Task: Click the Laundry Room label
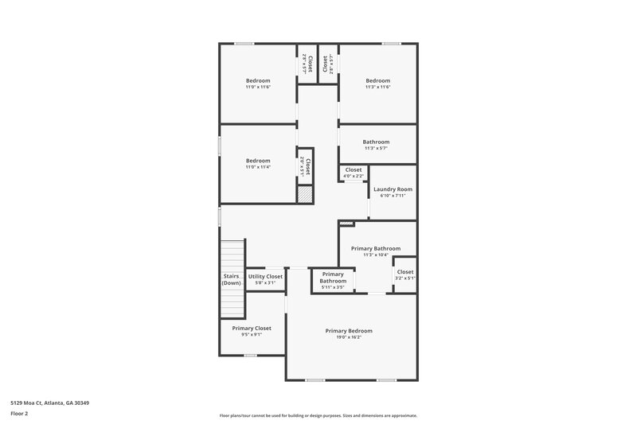point(393,189)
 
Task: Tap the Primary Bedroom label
point(349,331)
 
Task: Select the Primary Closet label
point(252,329)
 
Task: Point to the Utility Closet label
point(265,277)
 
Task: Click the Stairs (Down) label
point(232,279)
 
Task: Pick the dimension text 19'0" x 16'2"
point(349,337)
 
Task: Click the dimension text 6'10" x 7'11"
point(393,196)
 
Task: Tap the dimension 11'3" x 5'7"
point(376,148)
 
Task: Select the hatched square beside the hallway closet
point(303,193)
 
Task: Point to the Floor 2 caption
point(19,414)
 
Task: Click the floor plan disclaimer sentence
point(318,415)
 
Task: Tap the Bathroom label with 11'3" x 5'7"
point(376,142)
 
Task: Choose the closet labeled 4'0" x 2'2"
point(353,172)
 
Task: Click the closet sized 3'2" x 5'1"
point(404,274)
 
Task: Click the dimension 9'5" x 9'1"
point(252,335)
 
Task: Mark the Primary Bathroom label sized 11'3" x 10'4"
point(376,248)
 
